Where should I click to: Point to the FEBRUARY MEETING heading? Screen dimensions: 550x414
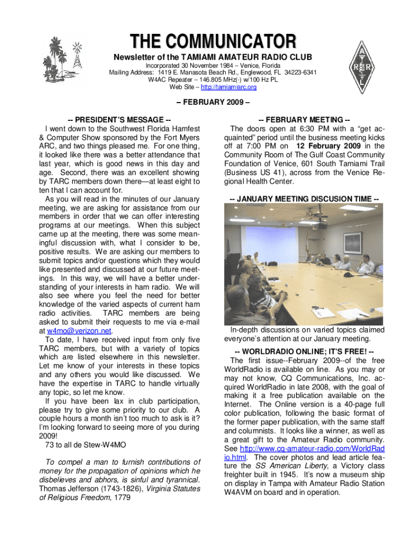(304, 119)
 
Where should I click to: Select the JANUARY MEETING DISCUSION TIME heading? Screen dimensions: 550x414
(304, 199)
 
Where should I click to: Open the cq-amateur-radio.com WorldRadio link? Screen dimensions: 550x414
(304, 452)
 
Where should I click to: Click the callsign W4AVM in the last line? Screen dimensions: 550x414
(240, 492)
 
